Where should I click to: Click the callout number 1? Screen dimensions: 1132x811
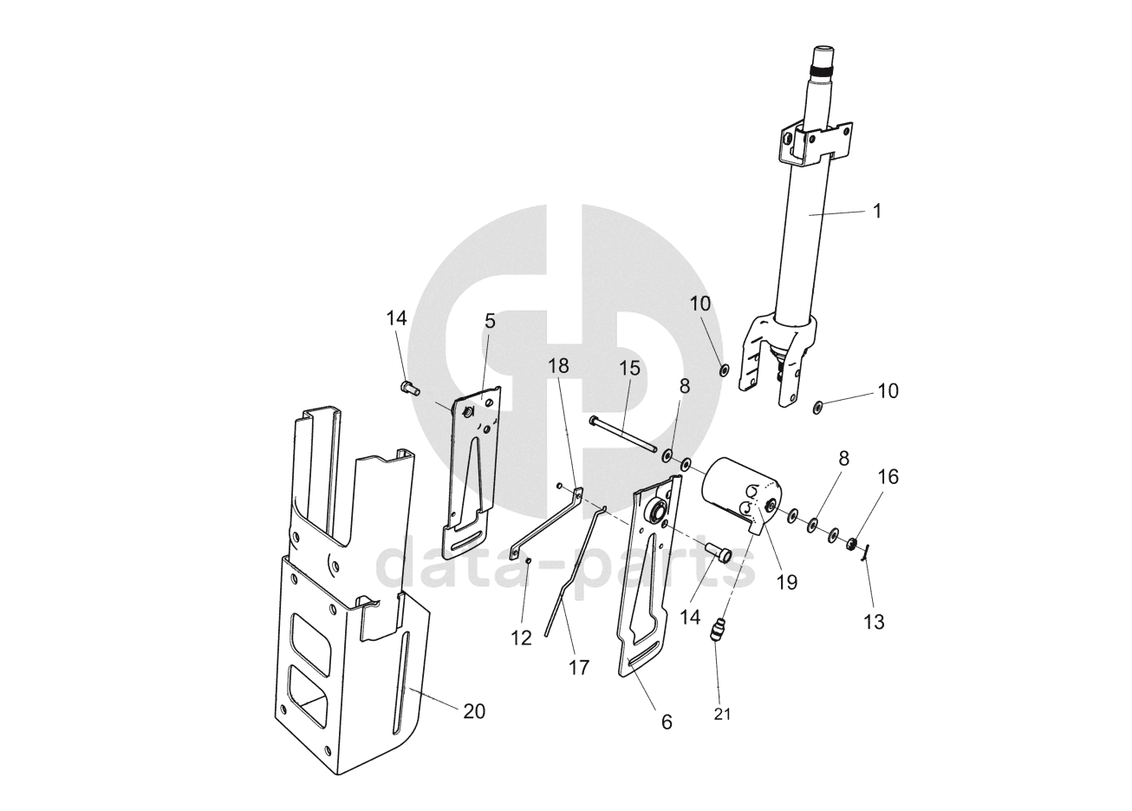pyautogui.click(x=877, y=211)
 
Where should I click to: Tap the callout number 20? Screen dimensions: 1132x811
pyautogui.click(x=474, y=712)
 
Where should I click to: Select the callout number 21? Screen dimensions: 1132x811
pyautogui.click(x=722, y=714)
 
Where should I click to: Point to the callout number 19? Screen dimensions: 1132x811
pyautogui.click(x=787, y=583)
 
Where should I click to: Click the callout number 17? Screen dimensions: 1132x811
pyautogui.click(x=579, y=668)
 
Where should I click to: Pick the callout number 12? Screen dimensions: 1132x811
pyautogui.click(x=521, y=638)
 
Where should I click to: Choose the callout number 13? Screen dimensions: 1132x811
pyautogui.click(x=874, y=622)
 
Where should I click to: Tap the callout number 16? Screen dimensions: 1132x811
pyautogui.click(x=888, y=477)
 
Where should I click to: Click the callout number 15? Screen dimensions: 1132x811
pyautogui.click(x=629, y=369)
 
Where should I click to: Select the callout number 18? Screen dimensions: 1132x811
pyautogui.click(x=558, y=365)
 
